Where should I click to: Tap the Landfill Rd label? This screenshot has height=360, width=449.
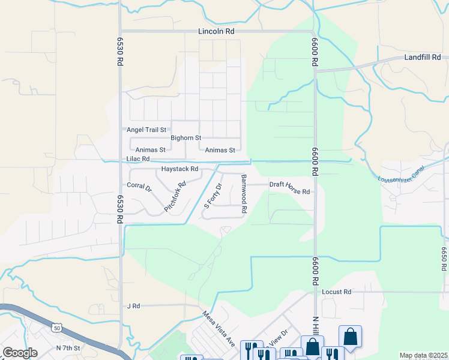pyautogui.click(x=423, y=58)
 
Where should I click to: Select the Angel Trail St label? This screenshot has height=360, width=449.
pyautogui.click(x=146, y=130)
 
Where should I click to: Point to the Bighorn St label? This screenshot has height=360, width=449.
pyautogui.click(x=185, y=138)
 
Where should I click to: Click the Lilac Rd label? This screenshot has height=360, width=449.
pyautogui.click(x=137, y=159)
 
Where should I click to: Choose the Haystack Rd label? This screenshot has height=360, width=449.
pyautogui.click(x=179, y=169)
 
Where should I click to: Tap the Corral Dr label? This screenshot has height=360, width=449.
pyautogui.click(x=139, y=187)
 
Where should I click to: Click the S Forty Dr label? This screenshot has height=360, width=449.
pyautogui.click(x=212, y=196)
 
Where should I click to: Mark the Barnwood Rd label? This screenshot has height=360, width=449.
pyautogui.click(x=244, y=194)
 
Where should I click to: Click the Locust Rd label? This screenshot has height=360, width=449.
pyautogui.click(x=336, y=292)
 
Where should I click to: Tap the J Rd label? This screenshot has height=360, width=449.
pyautogui.click(x=133, y=306)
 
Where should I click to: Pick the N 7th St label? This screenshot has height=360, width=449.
pyautogui.click(x=68, y=348)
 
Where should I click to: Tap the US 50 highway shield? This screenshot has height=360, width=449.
pyautogui.click(x=56, y=328)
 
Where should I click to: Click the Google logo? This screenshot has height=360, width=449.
pyautogui.click(x=20, y=353)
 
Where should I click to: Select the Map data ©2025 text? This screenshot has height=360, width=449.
pyautogui.click(x=423, y=355)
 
